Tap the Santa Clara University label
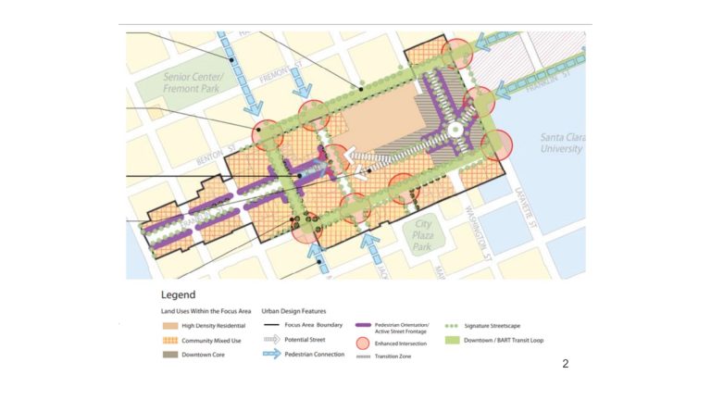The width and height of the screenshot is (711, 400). click(x=562, y=144)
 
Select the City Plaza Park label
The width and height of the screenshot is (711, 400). click(x=423, y=235)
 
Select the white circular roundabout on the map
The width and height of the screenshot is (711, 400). click(x=455, y=131)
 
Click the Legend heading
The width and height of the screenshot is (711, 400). click(x=179, y=294)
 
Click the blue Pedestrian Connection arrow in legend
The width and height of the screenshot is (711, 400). click(x=273, y=355)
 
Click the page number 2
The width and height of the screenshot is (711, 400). click(x=566, y=364)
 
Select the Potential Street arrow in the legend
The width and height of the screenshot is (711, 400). click(x=273, y=341)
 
